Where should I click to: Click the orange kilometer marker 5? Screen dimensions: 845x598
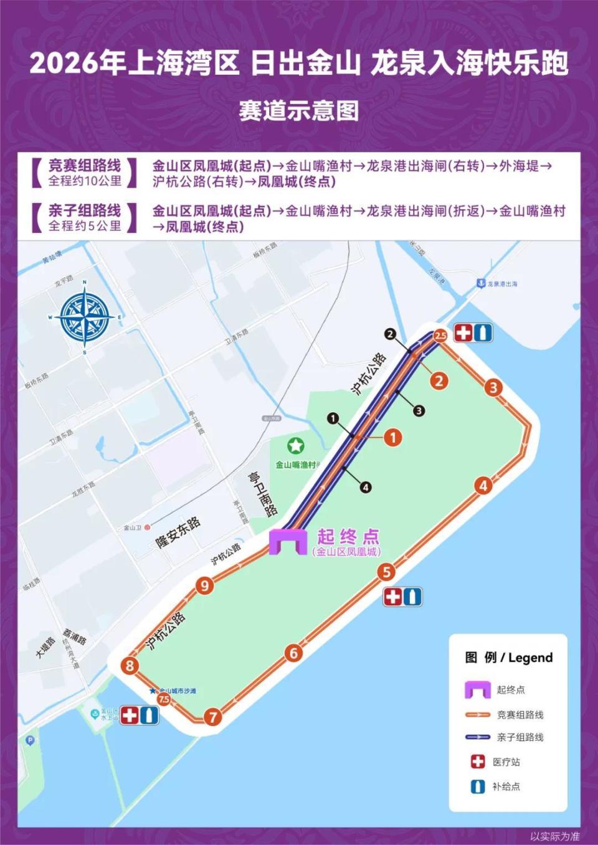tap(387, 572)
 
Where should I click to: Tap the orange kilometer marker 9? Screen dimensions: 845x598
tap(204, 585)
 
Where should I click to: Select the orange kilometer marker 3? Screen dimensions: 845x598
tap(493, 387)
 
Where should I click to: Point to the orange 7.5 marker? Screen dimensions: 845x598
tap(164, 699)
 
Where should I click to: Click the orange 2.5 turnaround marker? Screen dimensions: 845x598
tap(440, 336)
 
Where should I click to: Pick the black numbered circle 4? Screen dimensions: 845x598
tap(366, 488)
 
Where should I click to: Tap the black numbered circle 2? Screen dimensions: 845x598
tap(390, 334)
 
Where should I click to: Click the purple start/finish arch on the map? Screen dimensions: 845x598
tap(288, 541)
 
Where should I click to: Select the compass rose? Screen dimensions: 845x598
tap(85, 318)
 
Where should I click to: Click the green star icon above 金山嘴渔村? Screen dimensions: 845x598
tap(295, 446)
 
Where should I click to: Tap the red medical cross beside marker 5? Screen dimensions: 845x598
tap(393, 597)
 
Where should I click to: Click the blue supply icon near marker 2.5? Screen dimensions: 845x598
tap(483, 333)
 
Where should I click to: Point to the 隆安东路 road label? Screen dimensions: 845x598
tap(179, 532)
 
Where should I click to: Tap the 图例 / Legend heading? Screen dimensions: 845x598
tap(509, 658)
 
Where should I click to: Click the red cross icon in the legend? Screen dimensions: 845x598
tap(478, 762)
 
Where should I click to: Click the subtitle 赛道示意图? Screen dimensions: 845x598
tap(299, 111)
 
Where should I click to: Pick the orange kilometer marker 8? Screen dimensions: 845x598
tap(130, 665)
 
